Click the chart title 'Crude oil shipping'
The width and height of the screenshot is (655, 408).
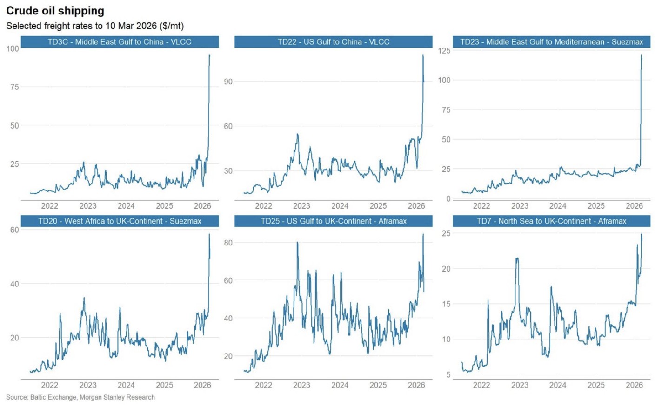point(55,11)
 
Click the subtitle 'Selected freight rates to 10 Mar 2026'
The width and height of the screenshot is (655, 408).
point(95,26)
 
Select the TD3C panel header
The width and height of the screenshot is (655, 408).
point(120,42)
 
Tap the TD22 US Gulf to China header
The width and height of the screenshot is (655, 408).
point(333,42)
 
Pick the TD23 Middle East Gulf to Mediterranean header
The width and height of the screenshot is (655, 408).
point(551,42)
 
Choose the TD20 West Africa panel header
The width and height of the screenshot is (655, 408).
point(120,221)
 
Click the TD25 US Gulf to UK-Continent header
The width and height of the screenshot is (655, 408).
point(333,221)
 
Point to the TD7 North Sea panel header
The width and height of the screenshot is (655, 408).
point(551,221)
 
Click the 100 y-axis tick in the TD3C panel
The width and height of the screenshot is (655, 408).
point(13,48)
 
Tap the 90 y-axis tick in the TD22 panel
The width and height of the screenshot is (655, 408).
point(228,82)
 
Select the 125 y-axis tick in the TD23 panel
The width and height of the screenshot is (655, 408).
point(444,51)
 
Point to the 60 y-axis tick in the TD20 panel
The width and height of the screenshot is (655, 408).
point(14,230)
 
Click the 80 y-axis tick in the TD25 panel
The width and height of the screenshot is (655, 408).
point(228,243)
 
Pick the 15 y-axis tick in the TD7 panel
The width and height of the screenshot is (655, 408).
point(446,304)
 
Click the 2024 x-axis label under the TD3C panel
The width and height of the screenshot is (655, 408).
point(126,206)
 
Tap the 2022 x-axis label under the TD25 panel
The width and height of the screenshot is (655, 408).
point(263,385)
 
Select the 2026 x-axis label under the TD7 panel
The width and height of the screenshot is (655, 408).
point(634,385)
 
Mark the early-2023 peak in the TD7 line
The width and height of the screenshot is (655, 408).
point(517,259)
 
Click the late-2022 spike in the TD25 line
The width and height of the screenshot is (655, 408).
point(297,243)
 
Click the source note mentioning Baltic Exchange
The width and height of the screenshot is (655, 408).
point(80,397)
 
